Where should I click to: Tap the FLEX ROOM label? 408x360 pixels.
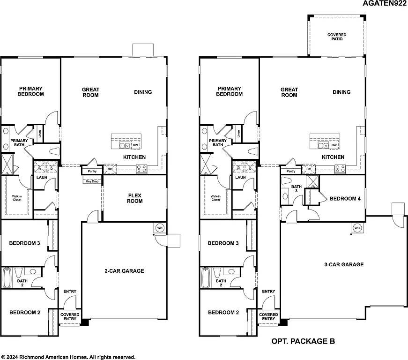135,198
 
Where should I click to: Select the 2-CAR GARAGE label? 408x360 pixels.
124,271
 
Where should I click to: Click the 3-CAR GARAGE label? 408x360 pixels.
344,264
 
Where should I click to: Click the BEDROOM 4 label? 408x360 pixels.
345,199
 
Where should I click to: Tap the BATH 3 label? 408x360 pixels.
296,188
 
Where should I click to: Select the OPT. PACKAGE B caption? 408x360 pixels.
303,342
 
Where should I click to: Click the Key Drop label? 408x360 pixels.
91,181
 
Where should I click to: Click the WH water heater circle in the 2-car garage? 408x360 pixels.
160,227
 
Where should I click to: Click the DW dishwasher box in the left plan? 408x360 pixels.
135,145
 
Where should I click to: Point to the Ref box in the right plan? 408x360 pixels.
309,169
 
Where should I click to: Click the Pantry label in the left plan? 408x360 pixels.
92,172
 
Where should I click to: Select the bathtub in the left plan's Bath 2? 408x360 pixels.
7,278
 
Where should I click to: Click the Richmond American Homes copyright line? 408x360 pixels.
68,357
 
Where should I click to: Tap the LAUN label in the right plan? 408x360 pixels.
241,178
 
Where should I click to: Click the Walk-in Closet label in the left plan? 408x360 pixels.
17,198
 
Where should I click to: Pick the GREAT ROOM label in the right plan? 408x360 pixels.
289,92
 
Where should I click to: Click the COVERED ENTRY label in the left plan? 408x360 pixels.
70,316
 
